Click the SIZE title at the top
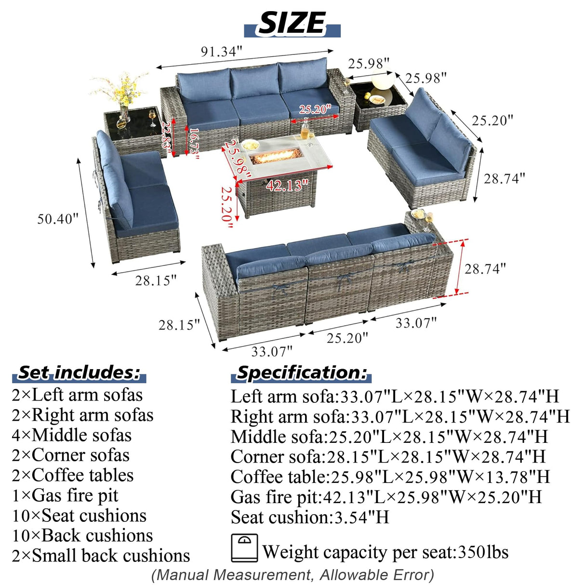click(292, 23)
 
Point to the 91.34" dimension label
click(221, 52)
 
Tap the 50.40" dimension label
click(58, 219)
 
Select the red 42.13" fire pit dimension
click(287, 185)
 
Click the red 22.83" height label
click(167, 138)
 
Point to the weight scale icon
click(244, 547)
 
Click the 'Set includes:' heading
click(79, 372)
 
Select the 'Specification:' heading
click(302, 372)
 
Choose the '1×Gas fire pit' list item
click(65, 495)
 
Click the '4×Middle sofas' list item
click(71, 435)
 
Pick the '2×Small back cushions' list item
click(101, 556)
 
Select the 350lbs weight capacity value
click(483, 552)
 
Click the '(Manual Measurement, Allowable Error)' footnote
click(292, 575)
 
